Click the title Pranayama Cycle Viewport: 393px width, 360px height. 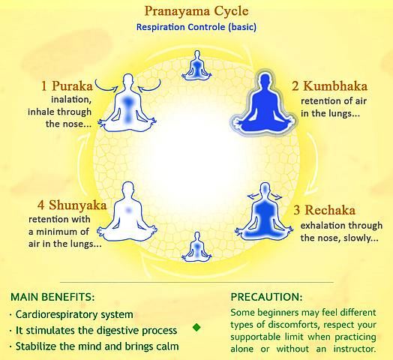tap(196, 11)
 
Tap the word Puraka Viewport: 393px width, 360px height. tap(73, 86)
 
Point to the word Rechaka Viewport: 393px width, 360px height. tap(330, 210)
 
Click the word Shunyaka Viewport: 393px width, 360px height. tap(78, 205)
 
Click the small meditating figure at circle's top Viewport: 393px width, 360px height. tap(197, 65)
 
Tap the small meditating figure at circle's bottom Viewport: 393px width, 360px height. tap(197, 247)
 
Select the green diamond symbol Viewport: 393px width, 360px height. tap(196, 327)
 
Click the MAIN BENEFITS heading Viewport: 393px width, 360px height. tap(52, 297)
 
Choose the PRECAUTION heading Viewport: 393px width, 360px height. tap(266, 297)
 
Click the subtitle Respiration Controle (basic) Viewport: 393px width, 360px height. tap(196, 27)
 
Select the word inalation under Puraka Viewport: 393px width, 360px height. tap(71, 100)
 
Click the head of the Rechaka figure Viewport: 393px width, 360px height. tap(265, 190)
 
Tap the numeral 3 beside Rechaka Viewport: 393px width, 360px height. tap(296, 210)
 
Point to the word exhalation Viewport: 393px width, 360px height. tap(319, 226)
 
